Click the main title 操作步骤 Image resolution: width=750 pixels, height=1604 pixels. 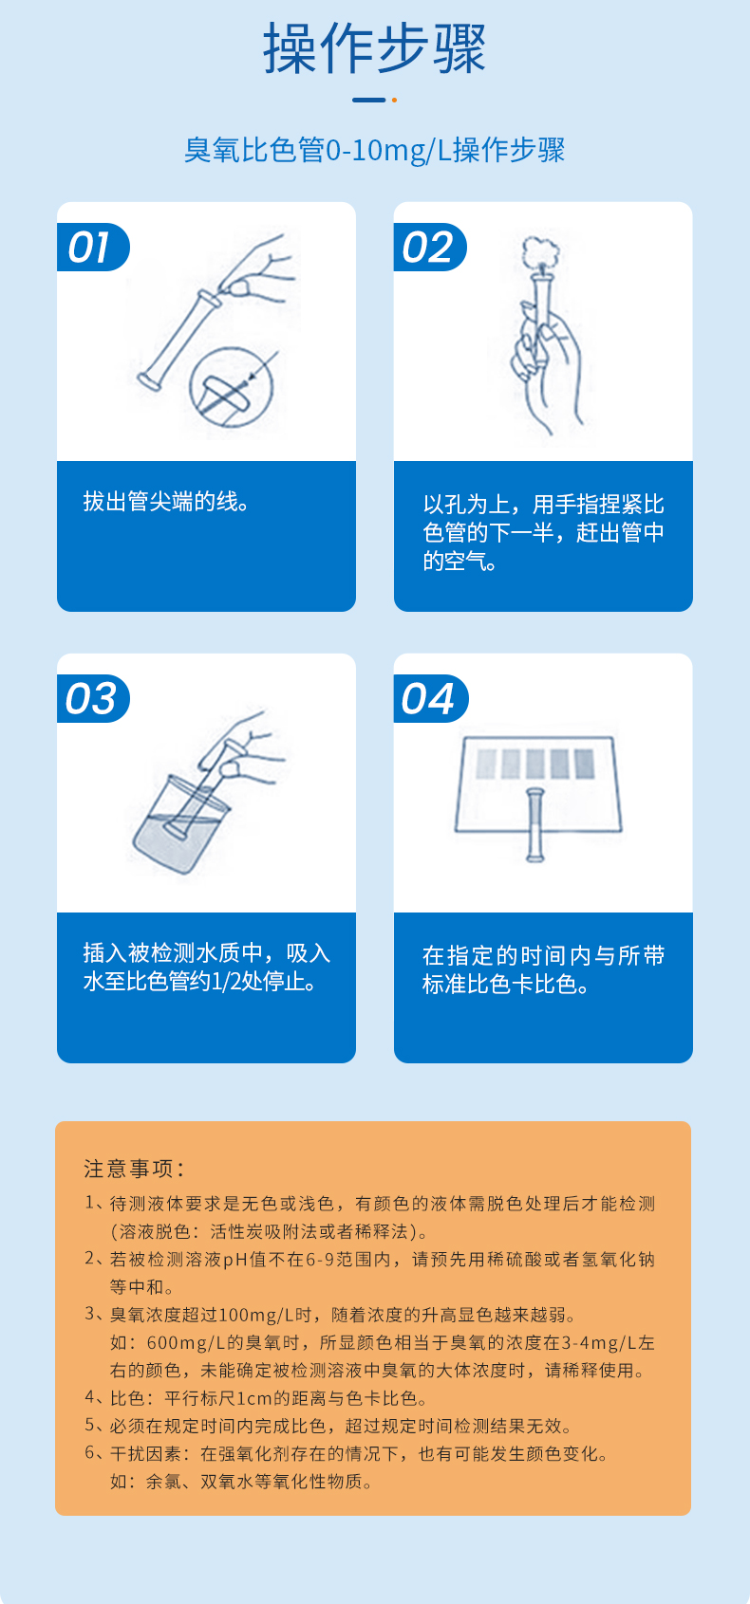[x=374, y=49]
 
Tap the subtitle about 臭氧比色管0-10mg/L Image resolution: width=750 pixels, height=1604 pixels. [x=374, y=150]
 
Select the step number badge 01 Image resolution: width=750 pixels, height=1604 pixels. [x=90, y=248]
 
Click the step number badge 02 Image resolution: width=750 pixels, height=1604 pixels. [x=428, y=248]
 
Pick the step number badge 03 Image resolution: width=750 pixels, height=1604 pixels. [x=91, y=699]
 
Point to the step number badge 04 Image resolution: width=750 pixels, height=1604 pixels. [x=428, y=699]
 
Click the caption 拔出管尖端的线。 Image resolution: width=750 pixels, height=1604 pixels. [x=167, y=502]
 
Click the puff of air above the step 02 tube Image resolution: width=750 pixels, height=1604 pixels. [x=542, y=250]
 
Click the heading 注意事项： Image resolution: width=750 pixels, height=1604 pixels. [x=134, y=1169]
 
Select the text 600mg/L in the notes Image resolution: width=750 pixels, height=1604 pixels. [x=178, y=1342]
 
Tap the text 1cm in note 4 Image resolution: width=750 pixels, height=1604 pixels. [x=253, y=1398]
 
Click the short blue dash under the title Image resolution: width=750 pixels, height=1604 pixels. [x=368, y=100]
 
